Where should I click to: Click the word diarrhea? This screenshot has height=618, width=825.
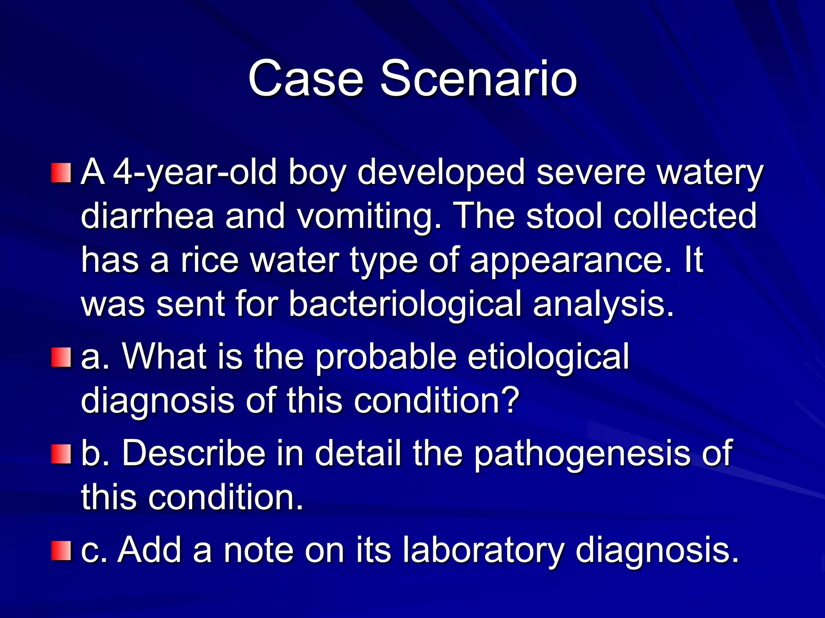pyautogui.click(x=147, y=216)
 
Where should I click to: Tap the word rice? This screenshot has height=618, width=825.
pyautogui.click(x=209, y=260)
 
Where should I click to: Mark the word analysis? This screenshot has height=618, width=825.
pyautogui.click(x=603, y=305)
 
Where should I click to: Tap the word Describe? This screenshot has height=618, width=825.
pyautogui.click(x=194, y=453)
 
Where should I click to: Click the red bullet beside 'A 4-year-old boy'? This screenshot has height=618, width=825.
pyautogui.click(x=61, y=173)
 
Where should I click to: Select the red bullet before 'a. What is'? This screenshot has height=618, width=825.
pyautogui.click(x=61, y=358)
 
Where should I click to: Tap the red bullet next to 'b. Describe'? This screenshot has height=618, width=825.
pyautogui.click(x=61, y=454)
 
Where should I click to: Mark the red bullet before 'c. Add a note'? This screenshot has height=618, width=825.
pyautogui.click(x=61, y=551)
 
